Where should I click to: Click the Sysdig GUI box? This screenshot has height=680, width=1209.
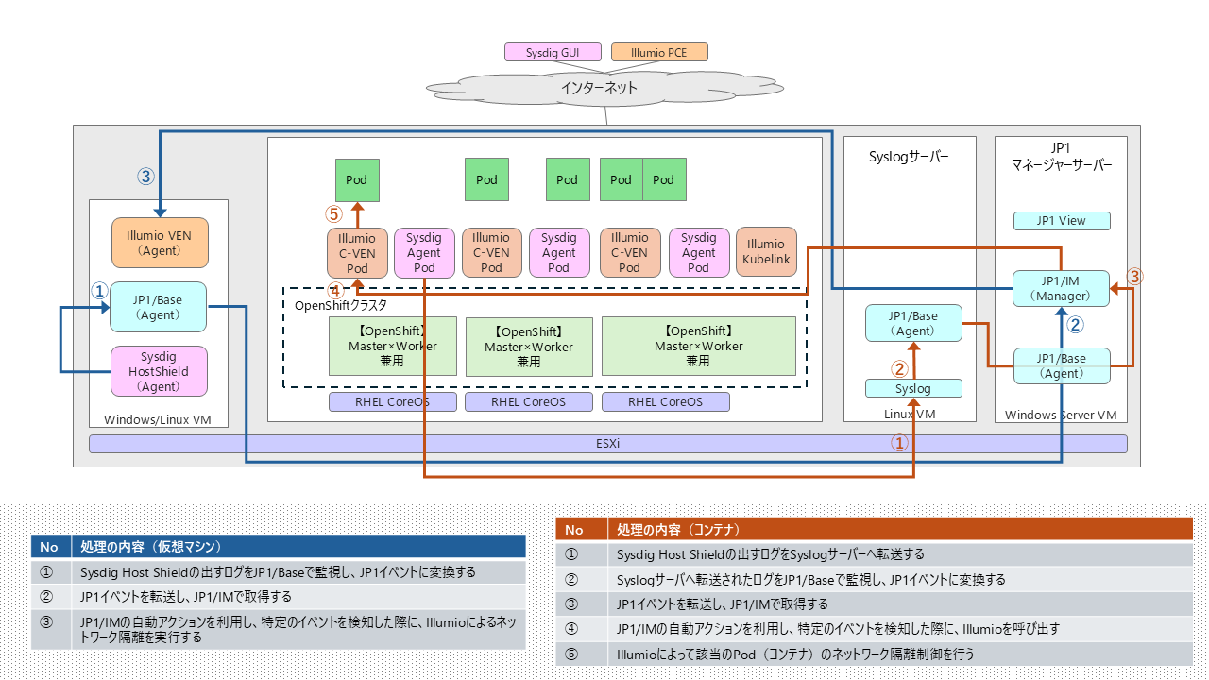tap(553, 53)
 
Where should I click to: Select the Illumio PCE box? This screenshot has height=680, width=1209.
tap(659, 53)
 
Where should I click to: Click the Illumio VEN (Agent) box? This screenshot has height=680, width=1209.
tap(159, 243)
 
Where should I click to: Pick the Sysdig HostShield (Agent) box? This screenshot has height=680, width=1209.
tap(159, 371)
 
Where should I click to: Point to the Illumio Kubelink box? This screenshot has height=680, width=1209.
tap(765, 251)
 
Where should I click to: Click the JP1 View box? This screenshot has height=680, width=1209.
tap(1061, 221)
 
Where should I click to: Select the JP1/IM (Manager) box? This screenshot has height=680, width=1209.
tap(1061, 288)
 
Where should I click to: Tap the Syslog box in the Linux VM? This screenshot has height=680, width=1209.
tap(913, 388)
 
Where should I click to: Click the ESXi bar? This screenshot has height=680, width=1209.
tap(608, 443)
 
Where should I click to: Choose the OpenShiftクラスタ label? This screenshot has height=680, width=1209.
tap(341, 305)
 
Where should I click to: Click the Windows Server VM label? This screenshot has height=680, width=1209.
tap(1061, 415)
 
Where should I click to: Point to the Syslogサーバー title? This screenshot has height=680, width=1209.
tap(908, 158)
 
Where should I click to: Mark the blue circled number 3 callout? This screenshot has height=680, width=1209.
tap(145, 176)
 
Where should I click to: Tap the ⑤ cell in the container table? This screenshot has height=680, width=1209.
tap(571, 654)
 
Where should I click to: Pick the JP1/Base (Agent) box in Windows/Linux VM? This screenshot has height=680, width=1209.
tap(159, 307)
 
